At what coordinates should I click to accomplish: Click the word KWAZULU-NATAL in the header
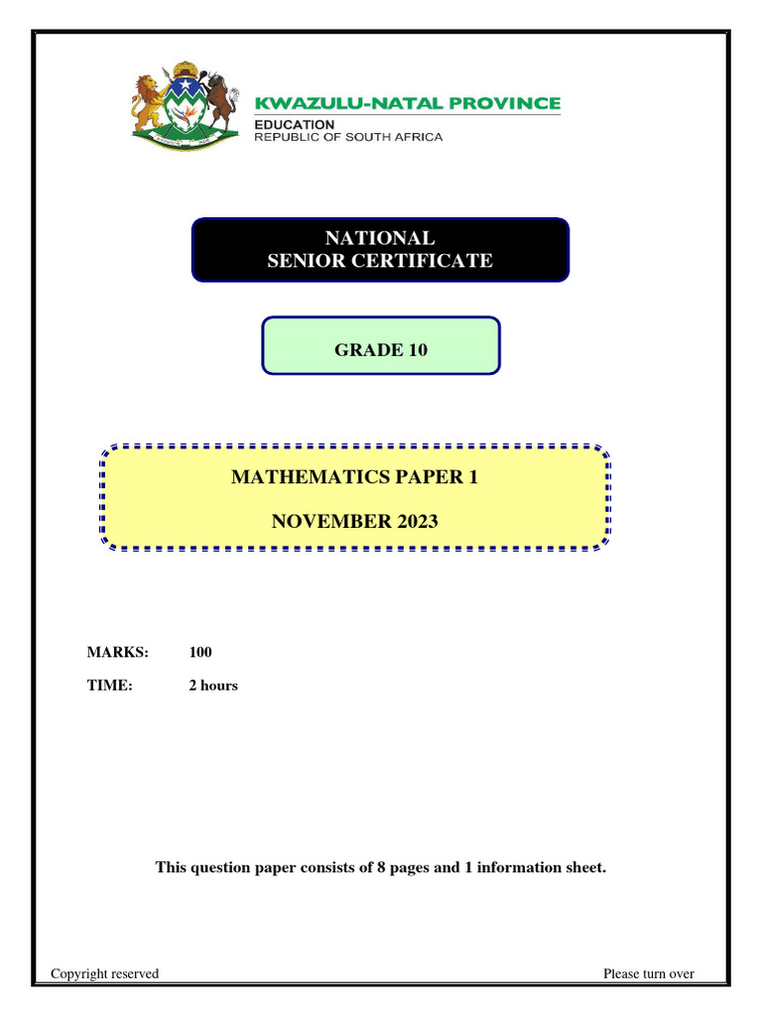(x=341, y=103)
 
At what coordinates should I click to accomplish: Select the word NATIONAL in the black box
(x=380, y=238)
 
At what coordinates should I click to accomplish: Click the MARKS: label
(x=117, y=652)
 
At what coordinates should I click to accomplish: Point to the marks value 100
(x=200, y=652)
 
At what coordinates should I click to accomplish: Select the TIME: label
(x=110, y=685)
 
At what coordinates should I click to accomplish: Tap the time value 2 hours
(x=213, y=685)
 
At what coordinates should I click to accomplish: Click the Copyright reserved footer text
(x=105, y=973)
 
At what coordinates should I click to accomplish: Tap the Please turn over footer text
(x=649, y=973)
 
